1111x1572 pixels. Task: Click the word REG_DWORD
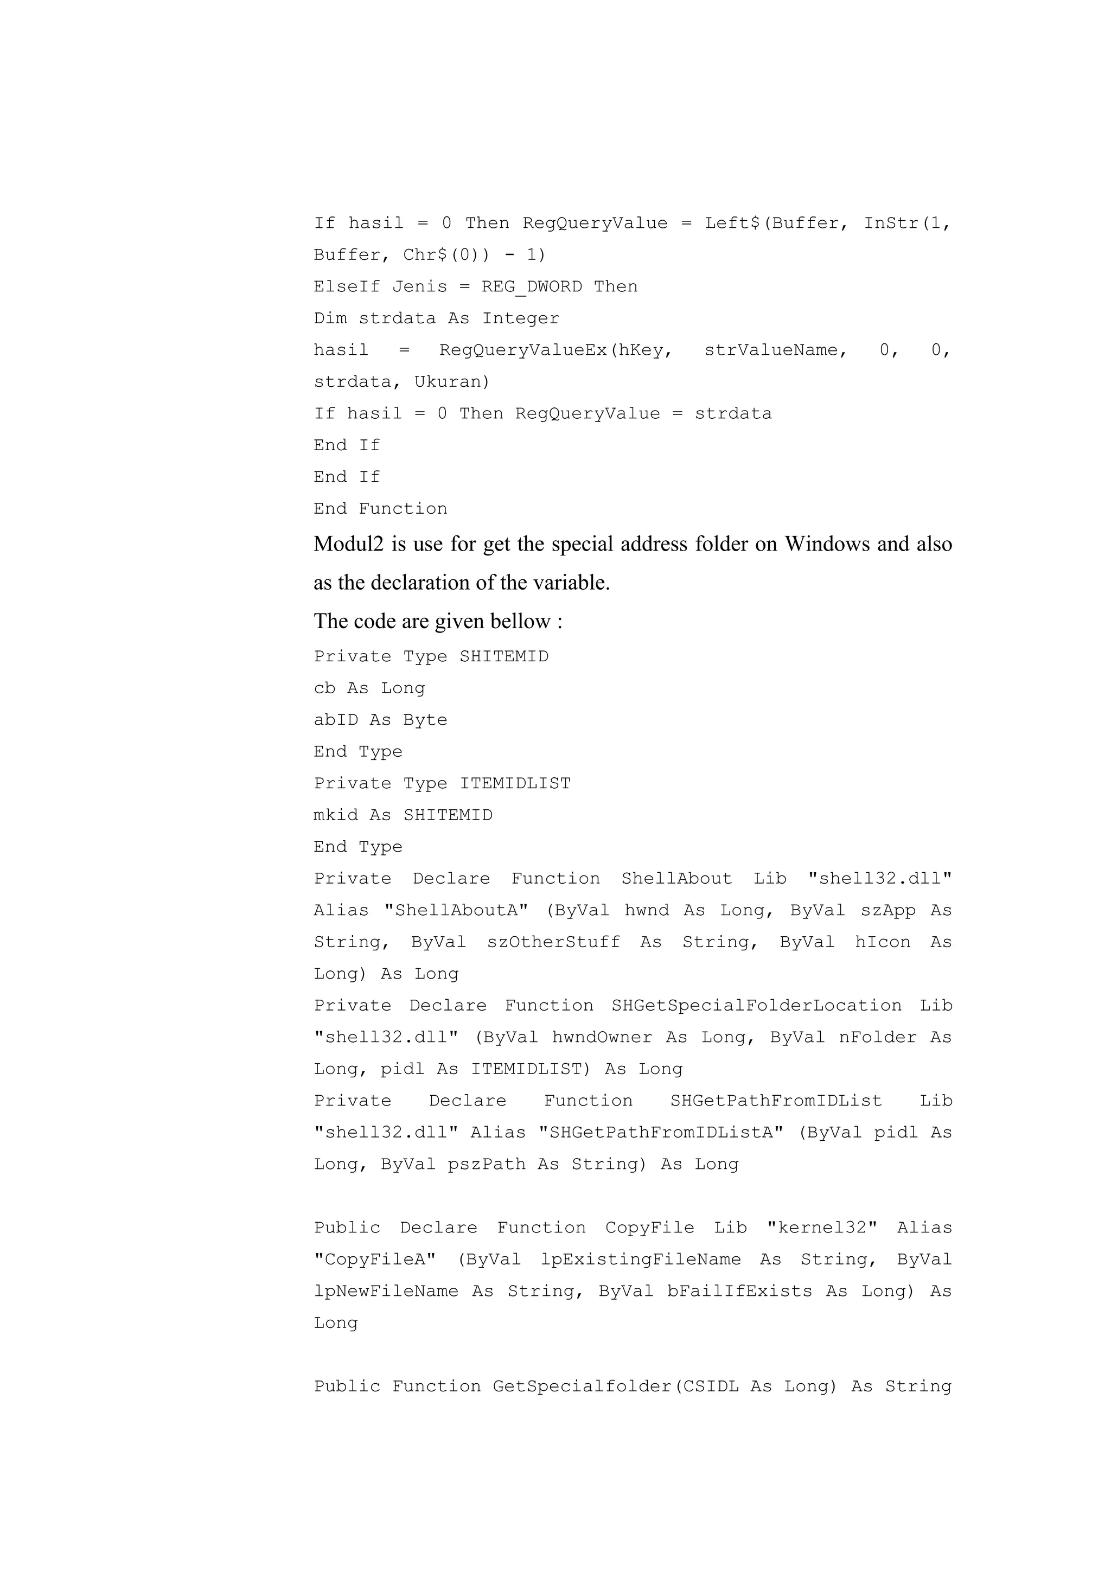(x=531, y=286)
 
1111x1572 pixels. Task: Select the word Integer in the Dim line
(x=520, y=318)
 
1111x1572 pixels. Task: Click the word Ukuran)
(x=452, y=381)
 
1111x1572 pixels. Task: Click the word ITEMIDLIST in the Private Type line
(x=515, y=783)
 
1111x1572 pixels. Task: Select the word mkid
(x=335, y=815)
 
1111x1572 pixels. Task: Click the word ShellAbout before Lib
(x=676, y=878)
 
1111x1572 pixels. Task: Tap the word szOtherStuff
(x=553, y=942)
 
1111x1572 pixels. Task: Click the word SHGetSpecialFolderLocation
(x=756, y=1006)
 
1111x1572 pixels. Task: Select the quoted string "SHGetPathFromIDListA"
(x=661, y=1133)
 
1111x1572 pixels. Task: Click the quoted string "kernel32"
(x=821, y=1228)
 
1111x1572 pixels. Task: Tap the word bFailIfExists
(x=739, y=1291)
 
